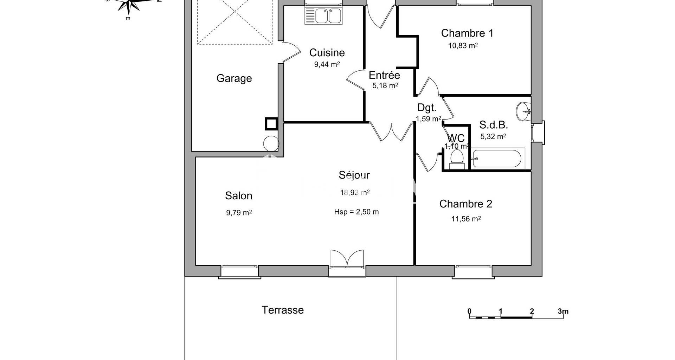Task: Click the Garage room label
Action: pyautogui.click(x=234, y=78)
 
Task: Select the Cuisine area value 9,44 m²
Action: pyautogui.click(x=327, y=64)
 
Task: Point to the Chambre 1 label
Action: pyautogui.click(x=467, y=33)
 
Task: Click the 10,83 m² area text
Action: pyautogui.click(x=463, y=46)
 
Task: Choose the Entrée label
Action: pyautogui.click(x=384, y=75)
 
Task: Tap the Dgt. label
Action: pyautogui.click(x=427, y=108)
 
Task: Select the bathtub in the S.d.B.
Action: pyautogui.click(x=497, y=159)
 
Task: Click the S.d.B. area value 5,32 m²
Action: pyautogui.click(x=493, y=136)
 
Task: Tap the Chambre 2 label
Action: pyautogui.click(x=466, y=204)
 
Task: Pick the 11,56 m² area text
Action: pyautogui.click(x=466, y=219)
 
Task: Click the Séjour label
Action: pyautogui.click(x=354, y=175)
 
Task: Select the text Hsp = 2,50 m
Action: pyautogui.click(x=356, y=212)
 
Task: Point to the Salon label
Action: pyautogui.click(x=239, y=196)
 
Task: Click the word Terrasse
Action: pyautogui.click(x=283, y=310)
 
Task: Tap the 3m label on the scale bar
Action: pyautogui.click(x=563, y=311)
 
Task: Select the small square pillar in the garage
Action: pyautogui.click(x=271, y=124)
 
